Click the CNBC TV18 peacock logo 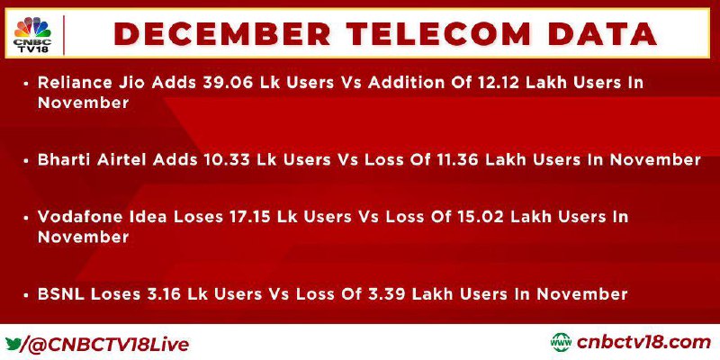pyautogui.click(x=32, y=34)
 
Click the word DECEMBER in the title pyautogui.click(x=221, y=34)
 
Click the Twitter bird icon pyautogui.click(x=13, y=344)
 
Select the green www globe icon pyautogui.click(x=561, y=343)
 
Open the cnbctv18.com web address pyautogui.click(x=643, y=343)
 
